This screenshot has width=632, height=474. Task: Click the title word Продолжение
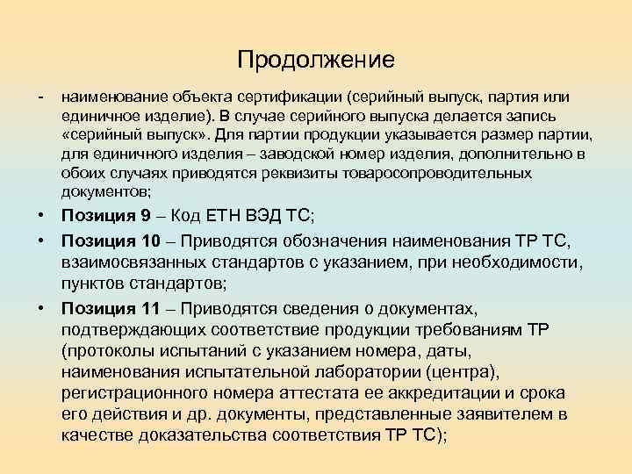coord(315,60)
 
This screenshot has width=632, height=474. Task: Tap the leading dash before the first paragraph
coord(41,94)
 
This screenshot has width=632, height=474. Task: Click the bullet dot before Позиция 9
coord(41,215)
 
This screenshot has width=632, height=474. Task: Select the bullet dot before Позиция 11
coord(41,308)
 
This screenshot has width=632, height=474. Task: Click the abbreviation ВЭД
coord(262,215)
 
